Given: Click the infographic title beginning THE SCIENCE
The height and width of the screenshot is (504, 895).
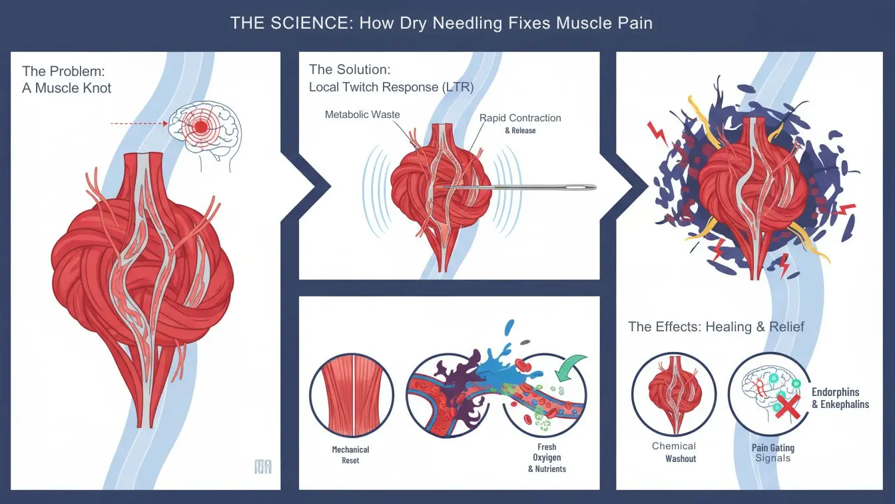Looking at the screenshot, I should (441, 23).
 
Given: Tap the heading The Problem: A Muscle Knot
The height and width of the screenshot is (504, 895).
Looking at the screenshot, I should (67, 79).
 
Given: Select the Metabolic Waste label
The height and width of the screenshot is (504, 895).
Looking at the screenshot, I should (362, 115).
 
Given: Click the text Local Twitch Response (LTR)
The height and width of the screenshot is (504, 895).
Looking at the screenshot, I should (391, 87).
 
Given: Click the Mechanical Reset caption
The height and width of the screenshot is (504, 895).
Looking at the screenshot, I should (350, 455).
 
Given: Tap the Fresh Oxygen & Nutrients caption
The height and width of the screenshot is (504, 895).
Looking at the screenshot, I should (547, 458).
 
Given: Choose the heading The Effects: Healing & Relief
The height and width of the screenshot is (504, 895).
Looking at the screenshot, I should (716, 327).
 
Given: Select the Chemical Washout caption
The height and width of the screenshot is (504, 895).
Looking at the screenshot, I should (674, 452).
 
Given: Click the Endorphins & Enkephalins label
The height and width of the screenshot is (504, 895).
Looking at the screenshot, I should (840, 398).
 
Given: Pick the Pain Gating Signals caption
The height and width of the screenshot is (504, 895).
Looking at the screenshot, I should (772, 453).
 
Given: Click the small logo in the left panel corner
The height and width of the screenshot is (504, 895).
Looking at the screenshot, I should (263, 467).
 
